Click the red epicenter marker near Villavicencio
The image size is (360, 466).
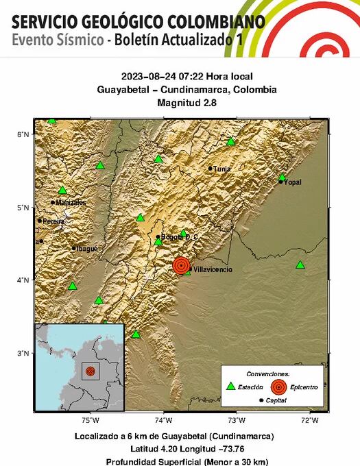click(x=181, y=265)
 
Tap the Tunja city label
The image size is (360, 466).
click(x=221, y=169)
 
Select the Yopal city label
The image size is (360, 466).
click(x=293, y=182)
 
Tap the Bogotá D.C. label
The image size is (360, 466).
click(x=180, y=237)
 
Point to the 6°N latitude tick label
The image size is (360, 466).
click(x=23, y=135)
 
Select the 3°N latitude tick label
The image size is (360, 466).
click(x=23, y=354)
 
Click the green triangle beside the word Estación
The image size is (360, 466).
click(x=230, y=387)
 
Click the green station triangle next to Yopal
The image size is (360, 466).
click(x=282, y=177)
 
